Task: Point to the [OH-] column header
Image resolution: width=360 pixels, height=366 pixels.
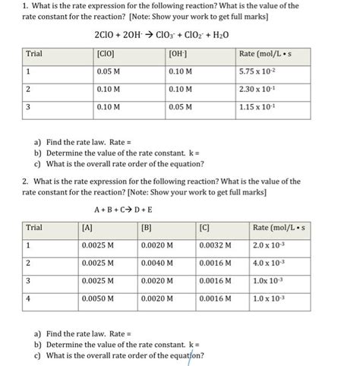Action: pyautogui.click(x=178, y=53)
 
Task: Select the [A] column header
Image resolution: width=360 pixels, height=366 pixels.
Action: pyautogui.click(x=87, y=227)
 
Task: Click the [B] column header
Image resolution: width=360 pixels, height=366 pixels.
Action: pyautogui.click(x=147, y=227)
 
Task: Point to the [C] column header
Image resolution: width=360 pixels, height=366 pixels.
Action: pyautogui.click(x=204, y=227)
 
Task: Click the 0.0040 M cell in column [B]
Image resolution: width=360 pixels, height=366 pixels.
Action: pyautogui.click(x=157, y=263)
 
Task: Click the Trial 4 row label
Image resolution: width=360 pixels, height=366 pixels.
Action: pyautogui.click(x=28, y=299)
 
